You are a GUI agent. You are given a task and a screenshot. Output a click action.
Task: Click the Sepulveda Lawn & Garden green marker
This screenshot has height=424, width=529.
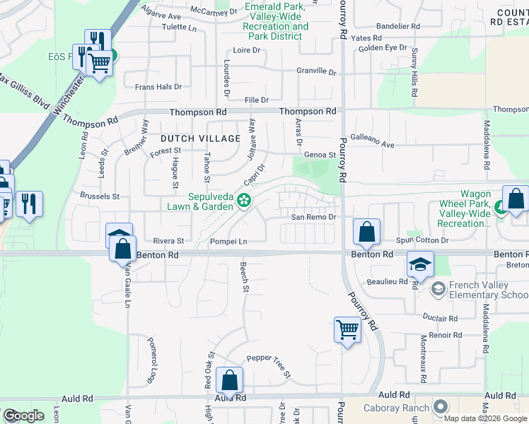tap(245, 201)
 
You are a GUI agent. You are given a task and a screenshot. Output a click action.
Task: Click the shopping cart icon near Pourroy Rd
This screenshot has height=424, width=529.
tap(347, 329)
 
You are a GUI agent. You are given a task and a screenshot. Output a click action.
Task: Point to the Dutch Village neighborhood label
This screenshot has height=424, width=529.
tap(200, 139)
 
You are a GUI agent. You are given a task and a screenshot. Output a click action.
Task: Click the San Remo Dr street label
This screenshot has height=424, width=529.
tap(313, 218)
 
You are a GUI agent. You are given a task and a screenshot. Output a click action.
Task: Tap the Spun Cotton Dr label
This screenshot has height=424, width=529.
tap(422, 241)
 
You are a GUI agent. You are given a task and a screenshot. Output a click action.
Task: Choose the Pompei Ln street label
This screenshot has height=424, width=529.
tap(228, 242)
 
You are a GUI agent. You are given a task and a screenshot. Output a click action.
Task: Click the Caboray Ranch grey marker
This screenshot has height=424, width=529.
tap(441, 407)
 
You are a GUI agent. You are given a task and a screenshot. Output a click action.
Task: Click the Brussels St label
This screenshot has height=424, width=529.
tap(100, 196)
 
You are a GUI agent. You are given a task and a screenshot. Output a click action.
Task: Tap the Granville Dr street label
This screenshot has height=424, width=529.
tap(315, 71)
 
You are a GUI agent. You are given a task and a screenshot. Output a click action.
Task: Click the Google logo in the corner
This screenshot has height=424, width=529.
tap(23, 416)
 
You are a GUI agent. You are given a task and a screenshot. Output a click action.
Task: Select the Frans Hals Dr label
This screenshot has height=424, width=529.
tap(158, 87)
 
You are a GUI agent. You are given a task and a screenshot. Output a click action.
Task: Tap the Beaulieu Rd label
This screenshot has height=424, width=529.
tap(388, 281)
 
